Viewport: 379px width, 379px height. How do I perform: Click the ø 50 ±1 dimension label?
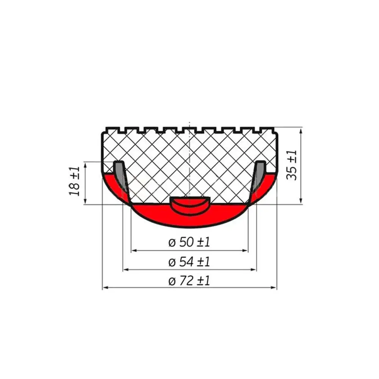pyautogui.click(x=189, y=242)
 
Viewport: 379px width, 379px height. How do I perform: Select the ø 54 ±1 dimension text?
pyautogui.click(x=189, y=262)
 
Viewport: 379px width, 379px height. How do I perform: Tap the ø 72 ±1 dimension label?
pyautogui.click(x=189, y=281)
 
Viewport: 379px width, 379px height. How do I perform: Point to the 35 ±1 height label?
pyautogui.click(x=291, y=165)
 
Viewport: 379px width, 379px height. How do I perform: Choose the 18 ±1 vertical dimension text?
pyautogui.click(x=74, y=181)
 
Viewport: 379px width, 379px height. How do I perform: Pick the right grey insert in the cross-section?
pyautogui.click(x=259, y=174)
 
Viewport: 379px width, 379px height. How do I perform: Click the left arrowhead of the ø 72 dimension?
pyautogui.click(x=105, y=288)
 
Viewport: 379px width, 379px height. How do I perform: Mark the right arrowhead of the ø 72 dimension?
pyautogui.click(x=273, y=288)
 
